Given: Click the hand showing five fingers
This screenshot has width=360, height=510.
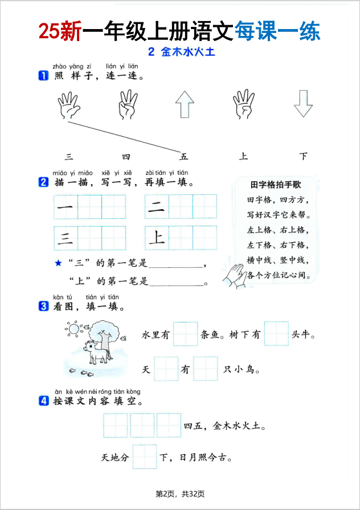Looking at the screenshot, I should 68,104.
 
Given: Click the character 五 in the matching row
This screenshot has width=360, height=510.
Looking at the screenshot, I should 184,157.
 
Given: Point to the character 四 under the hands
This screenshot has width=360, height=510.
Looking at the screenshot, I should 126,157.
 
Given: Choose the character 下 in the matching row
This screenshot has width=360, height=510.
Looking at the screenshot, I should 303,157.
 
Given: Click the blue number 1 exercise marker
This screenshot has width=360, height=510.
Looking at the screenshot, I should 43,76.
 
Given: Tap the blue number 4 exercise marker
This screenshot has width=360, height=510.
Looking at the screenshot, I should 43,401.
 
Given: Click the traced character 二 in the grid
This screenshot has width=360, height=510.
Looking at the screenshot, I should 156,207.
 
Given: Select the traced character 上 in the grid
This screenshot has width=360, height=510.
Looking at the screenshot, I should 156,238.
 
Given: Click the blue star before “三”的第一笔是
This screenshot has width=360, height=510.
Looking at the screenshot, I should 58,263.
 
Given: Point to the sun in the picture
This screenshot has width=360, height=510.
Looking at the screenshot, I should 73,328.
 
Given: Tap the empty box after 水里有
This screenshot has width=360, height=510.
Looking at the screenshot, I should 185,334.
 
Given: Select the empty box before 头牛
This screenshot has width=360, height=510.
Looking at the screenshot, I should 276,334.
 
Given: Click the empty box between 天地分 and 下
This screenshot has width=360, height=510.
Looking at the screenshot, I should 145,457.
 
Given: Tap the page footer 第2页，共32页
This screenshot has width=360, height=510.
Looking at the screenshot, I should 180,493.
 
